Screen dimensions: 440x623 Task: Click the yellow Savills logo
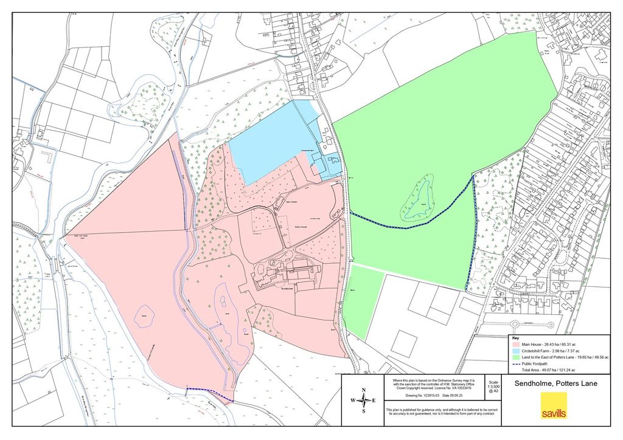[x=554, y=405]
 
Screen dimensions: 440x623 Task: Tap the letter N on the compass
[x=364, y=390]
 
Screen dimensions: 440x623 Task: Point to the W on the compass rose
[x=352, y=400]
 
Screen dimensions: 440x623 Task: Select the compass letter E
[x=375, y=400]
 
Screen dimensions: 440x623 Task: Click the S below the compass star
[x=364, y=411]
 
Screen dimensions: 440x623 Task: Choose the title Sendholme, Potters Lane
[x=556, y=383]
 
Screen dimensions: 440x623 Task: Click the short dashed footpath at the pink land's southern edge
[x=209, y=394]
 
